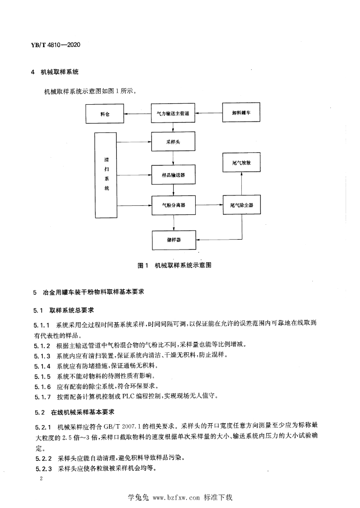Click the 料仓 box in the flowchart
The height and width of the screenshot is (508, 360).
click(x=105, y=114)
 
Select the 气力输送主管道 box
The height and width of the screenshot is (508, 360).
click(x=173, y=113)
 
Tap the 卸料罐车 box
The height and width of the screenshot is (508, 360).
click(x=241, y=112)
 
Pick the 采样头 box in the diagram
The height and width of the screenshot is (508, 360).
click(x=173, y=141)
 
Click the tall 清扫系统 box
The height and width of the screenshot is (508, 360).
click(x=106, y=175)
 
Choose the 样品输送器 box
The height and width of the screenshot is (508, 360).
click(x=173, y=175)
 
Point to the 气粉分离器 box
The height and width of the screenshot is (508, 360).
click(x=173, y=205)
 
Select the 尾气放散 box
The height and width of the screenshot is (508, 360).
click(x=241, y=162)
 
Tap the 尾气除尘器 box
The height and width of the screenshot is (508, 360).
click(x=242, y=205)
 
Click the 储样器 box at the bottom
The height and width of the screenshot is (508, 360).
click(x=174, y=240)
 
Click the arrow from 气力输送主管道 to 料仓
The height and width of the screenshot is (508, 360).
click(x=138, y=114)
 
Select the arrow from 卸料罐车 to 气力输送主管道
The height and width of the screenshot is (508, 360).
click(x=209, y=113)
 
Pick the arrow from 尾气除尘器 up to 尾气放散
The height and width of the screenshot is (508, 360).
click(x=242, y=184)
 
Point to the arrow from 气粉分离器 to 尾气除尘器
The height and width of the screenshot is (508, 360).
click(x=209, y=205)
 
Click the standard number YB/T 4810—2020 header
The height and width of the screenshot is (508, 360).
click(x=56, y=45)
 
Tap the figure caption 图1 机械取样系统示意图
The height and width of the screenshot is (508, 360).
click(x=174, y=265)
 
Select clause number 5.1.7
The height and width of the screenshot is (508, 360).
click(x=43, y=396)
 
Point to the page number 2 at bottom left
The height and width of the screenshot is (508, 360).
click(x=41, y=478)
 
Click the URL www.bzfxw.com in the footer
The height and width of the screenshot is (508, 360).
click(x=176, y=497)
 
